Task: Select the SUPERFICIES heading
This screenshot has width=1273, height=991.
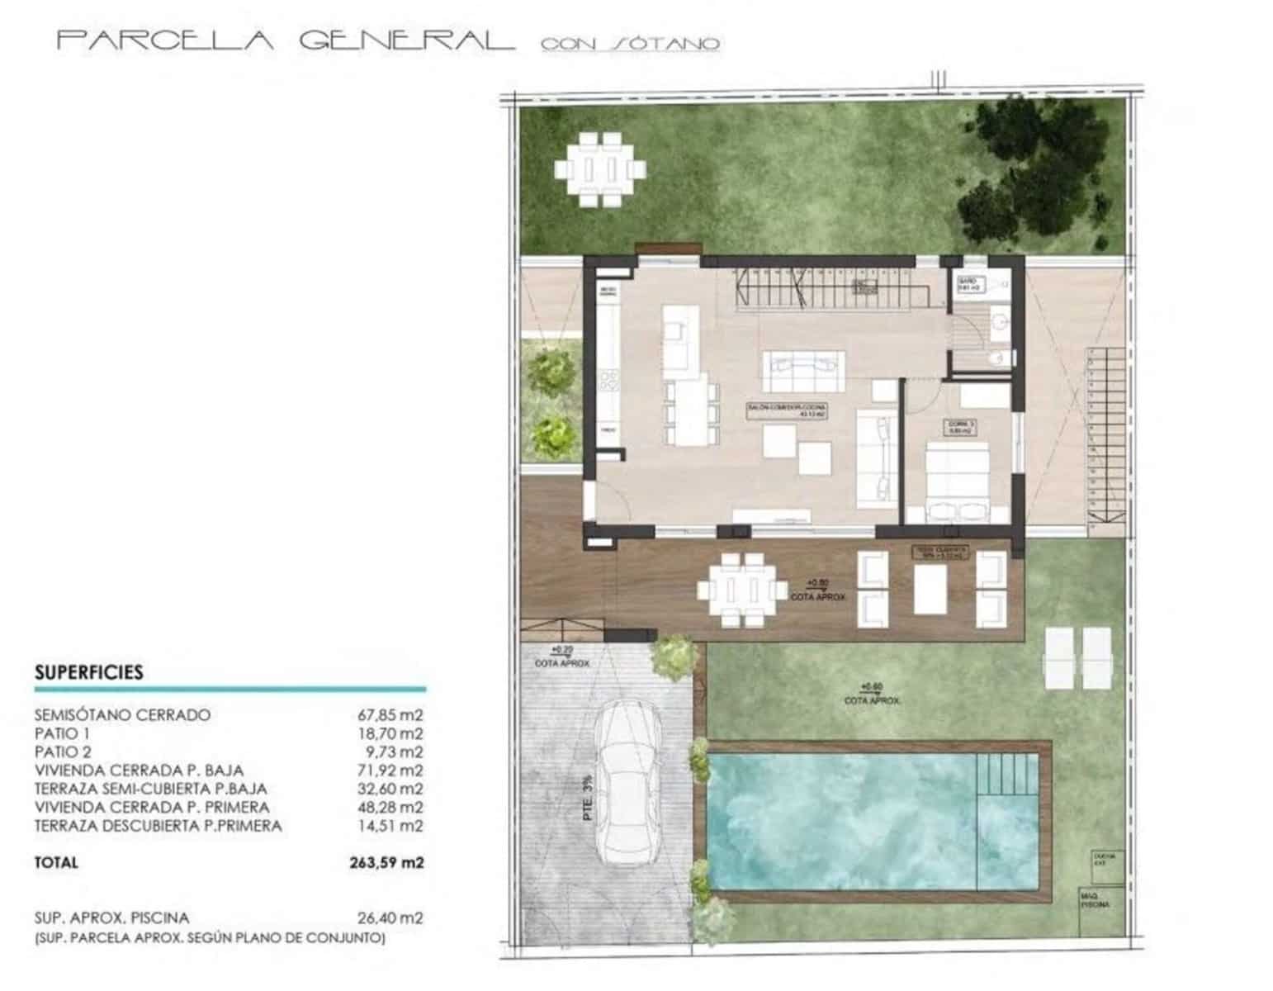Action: coord(89,672)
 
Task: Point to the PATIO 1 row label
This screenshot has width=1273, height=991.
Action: coord(62,733)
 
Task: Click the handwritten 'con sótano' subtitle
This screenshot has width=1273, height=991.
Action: coord(630,44)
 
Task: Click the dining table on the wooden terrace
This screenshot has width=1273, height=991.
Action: coord(742,590)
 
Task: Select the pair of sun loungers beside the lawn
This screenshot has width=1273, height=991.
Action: coord(1078,658)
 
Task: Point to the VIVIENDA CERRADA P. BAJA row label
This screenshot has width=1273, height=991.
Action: coord(139,771)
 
